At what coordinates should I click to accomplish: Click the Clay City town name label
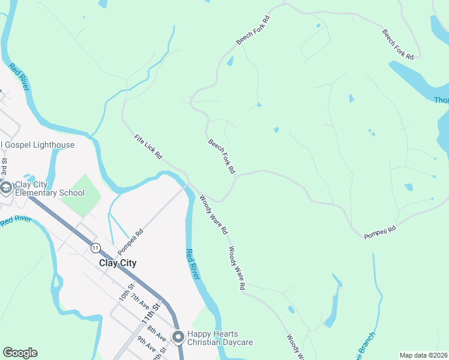(x=117, y=263)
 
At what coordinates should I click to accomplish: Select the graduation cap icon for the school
(x=6, y=188)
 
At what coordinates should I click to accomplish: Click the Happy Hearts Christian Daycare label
(x=220, y=338)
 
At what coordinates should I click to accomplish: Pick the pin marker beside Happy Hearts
(x=178, y=337)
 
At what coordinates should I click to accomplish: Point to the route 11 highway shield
(x=95, y=247)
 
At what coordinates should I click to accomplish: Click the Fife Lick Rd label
(x=148, y=146)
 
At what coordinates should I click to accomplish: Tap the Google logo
(x=20, y=353)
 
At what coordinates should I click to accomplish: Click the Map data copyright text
(x=423, y=355)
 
